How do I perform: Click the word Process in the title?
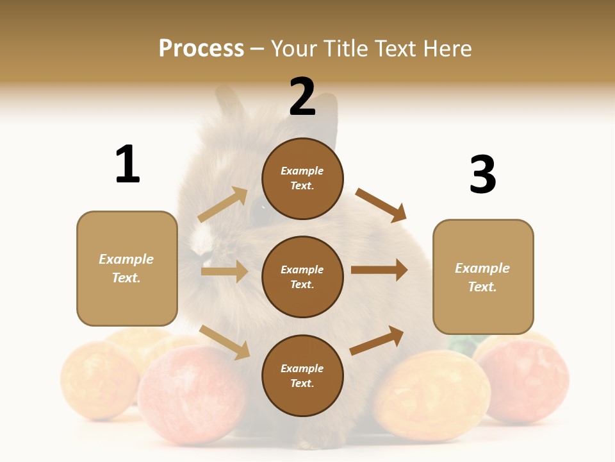[x=201, y=49]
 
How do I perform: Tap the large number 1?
[x=127, y=164]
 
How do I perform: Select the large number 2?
[x=302, y=97]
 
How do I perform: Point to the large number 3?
[x=482, y=175]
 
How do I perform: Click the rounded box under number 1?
[x=127, y=268]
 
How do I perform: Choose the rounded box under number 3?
[x=483, y=277]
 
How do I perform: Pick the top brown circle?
[x=302, y=178]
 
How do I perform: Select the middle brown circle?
[x=302, y=277]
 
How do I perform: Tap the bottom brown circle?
[x=302, y=375]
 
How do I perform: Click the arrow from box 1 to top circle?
[x=223, y=204]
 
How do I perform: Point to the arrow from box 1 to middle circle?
[x=224, y=271]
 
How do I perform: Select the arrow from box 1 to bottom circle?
[x=224, y=342]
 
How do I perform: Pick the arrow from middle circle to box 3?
[x=379, y=270]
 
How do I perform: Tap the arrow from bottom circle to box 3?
[x=377, y=341]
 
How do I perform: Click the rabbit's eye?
[x=258, y=209]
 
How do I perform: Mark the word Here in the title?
[x=446, y=49]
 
